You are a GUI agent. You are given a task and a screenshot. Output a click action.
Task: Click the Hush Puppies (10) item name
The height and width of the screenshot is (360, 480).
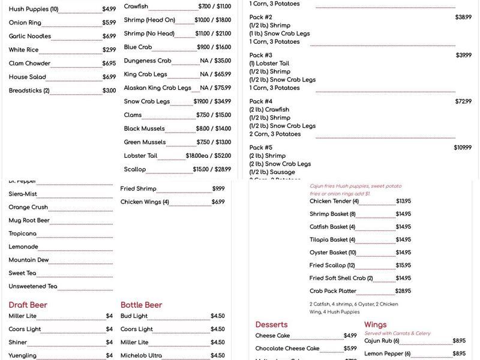[34, 9]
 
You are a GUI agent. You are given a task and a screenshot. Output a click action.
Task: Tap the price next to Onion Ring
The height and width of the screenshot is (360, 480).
[109, 23]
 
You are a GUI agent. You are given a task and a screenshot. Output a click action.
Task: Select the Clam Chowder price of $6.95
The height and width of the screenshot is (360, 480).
[109, 64]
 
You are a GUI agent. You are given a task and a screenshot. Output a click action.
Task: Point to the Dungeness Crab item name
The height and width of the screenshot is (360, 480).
[148, 61]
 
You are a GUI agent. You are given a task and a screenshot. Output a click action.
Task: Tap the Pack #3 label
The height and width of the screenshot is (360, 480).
[260, 55]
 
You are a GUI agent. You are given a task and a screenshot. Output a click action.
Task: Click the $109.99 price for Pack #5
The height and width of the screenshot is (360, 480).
[462, 148]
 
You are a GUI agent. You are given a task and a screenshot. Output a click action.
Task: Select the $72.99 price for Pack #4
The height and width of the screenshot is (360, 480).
[463, 101]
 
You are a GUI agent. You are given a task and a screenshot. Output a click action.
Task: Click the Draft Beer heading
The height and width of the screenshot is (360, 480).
[28, 305]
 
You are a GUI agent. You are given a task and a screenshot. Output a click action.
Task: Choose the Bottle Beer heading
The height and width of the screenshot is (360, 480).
[141, 305]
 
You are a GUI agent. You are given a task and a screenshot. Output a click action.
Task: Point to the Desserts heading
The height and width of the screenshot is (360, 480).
[271, 325]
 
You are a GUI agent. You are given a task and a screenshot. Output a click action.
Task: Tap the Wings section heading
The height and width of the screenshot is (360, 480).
[375, 325]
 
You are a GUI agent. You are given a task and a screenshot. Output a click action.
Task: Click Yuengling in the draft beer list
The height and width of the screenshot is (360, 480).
[22, 355]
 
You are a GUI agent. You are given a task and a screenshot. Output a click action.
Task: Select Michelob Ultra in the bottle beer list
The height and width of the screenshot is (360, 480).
[141, 355]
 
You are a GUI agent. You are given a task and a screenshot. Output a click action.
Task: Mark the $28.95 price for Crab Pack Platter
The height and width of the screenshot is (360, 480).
[403, 291]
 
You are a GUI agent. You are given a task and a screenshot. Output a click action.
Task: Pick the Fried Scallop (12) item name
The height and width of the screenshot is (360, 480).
[332, 265]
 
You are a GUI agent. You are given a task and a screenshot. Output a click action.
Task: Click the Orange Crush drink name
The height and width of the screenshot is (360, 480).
[28, 208]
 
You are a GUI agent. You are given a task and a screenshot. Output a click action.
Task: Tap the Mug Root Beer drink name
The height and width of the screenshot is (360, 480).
[28, 221]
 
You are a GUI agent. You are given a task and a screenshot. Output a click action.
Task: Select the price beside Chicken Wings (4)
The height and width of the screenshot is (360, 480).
[218, 202]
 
